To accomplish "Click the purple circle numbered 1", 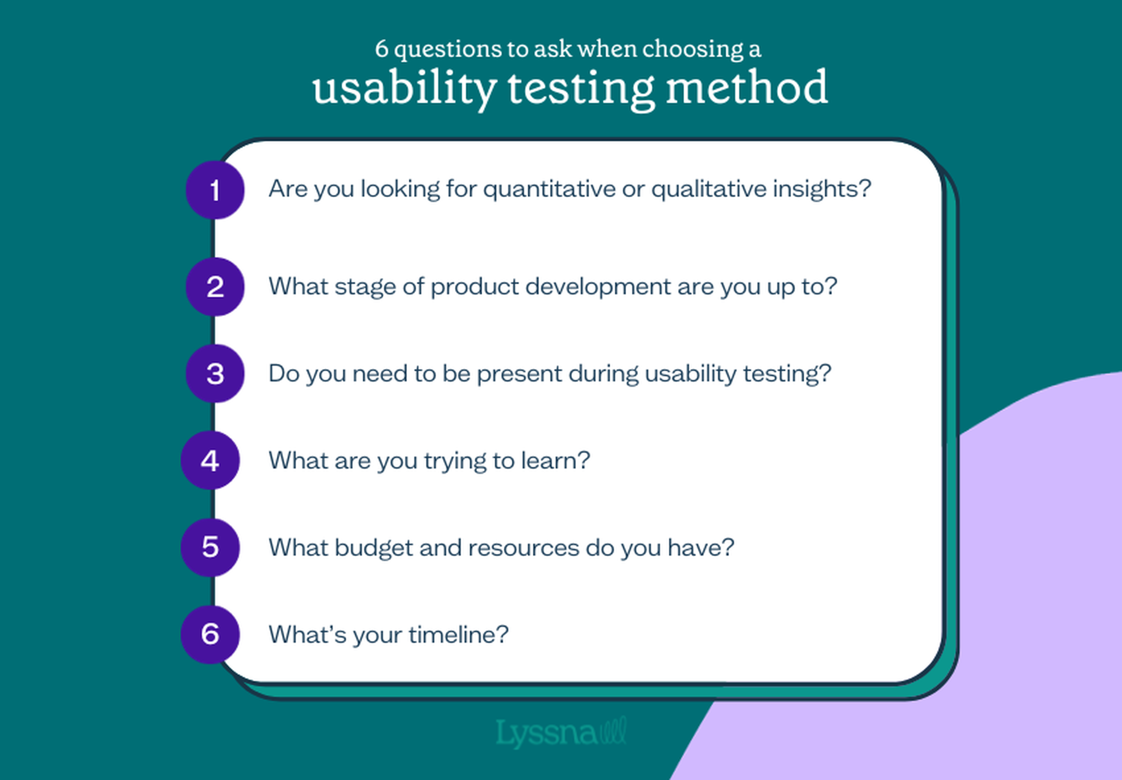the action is [x=215, y=190].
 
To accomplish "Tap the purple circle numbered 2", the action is [x=215, y=287].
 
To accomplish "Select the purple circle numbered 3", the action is [x=215, y=374].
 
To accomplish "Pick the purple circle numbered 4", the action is [x=210, y=460].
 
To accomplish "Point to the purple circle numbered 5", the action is [x=210, y=547].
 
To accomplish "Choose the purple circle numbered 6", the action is [x=210, y=634].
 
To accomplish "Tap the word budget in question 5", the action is [x=374, y=548].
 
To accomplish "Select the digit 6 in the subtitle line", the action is [x=382, y=49].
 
